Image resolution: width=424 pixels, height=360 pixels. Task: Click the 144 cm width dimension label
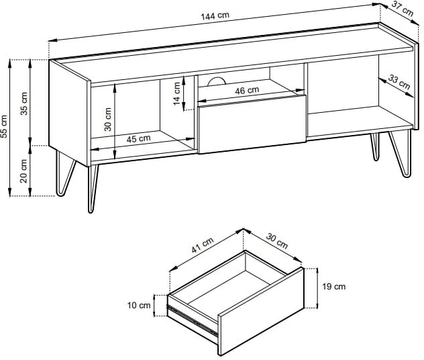pos(215,16)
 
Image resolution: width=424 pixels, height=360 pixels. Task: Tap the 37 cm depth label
pos(403,9)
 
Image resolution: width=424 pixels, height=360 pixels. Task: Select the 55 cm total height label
pos(4,126)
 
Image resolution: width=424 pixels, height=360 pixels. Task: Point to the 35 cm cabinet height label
pos(24,103)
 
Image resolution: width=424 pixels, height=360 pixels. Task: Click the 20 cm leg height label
pos(23,171)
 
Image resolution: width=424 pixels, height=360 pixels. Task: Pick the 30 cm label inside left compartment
pos(107,120)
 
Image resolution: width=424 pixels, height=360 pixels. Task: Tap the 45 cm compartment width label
pos(138,139)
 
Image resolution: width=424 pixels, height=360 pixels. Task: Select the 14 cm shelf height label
pos(176,93)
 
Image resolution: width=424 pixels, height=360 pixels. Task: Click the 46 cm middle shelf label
pos(247,91)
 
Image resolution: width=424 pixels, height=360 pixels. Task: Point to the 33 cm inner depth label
pos(399,82)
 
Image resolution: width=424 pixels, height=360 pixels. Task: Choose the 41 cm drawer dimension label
pos(203,245)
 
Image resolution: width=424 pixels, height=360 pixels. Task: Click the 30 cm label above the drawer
pos(277,240)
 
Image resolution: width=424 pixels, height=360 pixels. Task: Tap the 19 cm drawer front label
pos(333,286)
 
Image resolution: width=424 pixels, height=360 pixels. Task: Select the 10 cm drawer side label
pos(139,306)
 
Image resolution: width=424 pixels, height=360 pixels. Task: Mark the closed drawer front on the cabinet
pos(252,124)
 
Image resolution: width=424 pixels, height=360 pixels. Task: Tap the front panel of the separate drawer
pos(261,311)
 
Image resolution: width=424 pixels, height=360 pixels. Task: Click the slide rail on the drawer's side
pos(193,321)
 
